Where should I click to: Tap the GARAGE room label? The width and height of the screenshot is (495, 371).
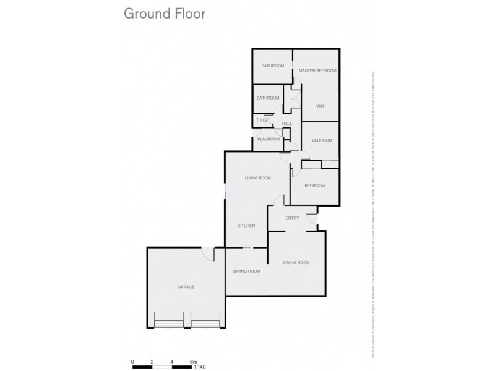[186, 288]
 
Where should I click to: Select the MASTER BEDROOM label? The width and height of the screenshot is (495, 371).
[317, 71]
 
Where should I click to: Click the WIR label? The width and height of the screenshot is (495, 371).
[320, 106]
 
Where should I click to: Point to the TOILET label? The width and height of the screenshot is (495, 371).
[263, 120]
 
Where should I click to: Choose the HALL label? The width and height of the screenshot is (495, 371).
[286, 124]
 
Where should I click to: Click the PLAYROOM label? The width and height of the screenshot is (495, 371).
[269, 140]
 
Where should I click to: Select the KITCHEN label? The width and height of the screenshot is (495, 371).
[246, 226]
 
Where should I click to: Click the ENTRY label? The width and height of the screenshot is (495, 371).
[292, 218]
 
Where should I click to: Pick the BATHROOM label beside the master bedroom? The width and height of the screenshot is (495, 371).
[272, 66]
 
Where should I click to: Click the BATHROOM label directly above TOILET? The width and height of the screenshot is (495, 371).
[269, 98]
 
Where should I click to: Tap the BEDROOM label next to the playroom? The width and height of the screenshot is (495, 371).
[322, 140]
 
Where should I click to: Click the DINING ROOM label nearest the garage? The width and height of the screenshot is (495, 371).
[246, 271]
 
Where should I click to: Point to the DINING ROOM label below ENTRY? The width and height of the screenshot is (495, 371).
[296, 263]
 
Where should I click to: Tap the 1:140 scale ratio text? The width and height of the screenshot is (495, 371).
[200, 367]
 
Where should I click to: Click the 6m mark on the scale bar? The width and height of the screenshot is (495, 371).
[192, 362]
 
